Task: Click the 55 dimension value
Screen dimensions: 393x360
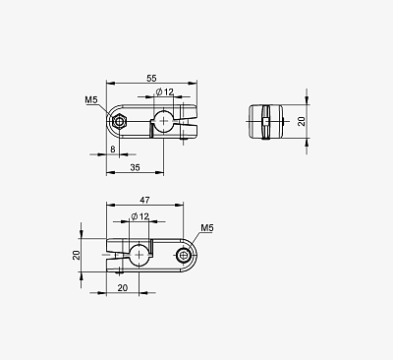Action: coord(151,78)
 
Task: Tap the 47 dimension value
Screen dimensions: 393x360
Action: coord(144,200)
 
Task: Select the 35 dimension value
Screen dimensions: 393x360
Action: coord(135,167)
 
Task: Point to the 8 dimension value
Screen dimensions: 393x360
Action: coord(113,150)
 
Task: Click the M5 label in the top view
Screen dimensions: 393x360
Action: coord(91,99)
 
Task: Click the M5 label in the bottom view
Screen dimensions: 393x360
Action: coord(207,227)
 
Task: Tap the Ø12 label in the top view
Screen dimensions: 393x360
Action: coord(165,91)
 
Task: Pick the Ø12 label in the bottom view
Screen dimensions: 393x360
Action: coord(140,216)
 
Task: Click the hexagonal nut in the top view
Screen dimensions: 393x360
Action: coord(119,122)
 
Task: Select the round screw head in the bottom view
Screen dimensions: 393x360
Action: coord(183,255)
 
